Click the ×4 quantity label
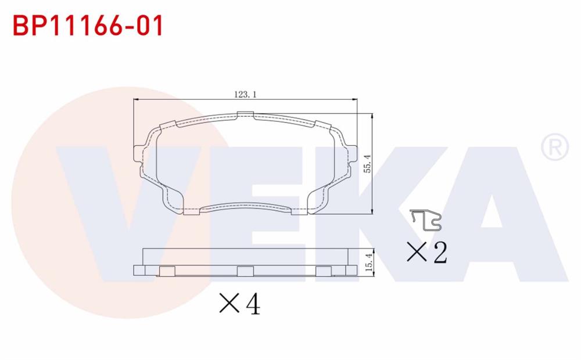[239, 303]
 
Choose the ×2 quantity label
[426, 252]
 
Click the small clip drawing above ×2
[426, 219]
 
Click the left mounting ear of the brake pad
[139, 153]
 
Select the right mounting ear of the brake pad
[352, 154]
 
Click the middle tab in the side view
[245, 271]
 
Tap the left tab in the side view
[167, 271]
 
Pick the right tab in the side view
[324, 271]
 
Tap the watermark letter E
[285, 215]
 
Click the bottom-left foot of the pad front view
[190, 211]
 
